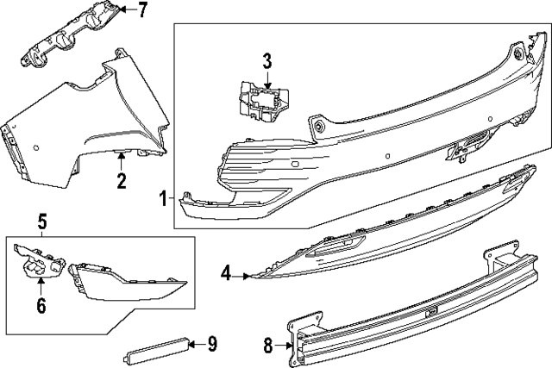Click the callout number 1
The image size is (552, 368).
click(x=163, y=199)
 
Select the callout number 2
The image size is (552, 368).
click(x=122, y=181)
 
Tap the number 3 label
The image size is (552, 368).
click(x=267, y=60)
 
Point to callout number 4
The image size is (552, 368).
click(x=226, y=275)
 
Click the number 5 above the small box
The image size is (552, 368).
click(x=41, y=222)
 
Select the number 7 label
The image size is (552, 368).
click(x=142, y=10)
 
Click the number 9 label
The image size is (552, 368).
click(x=212, y=344)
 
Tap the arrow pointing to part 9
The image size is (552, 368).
click(x=196, y=344)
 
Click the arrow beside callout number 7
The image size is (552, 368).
click(x=126, y=10)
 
